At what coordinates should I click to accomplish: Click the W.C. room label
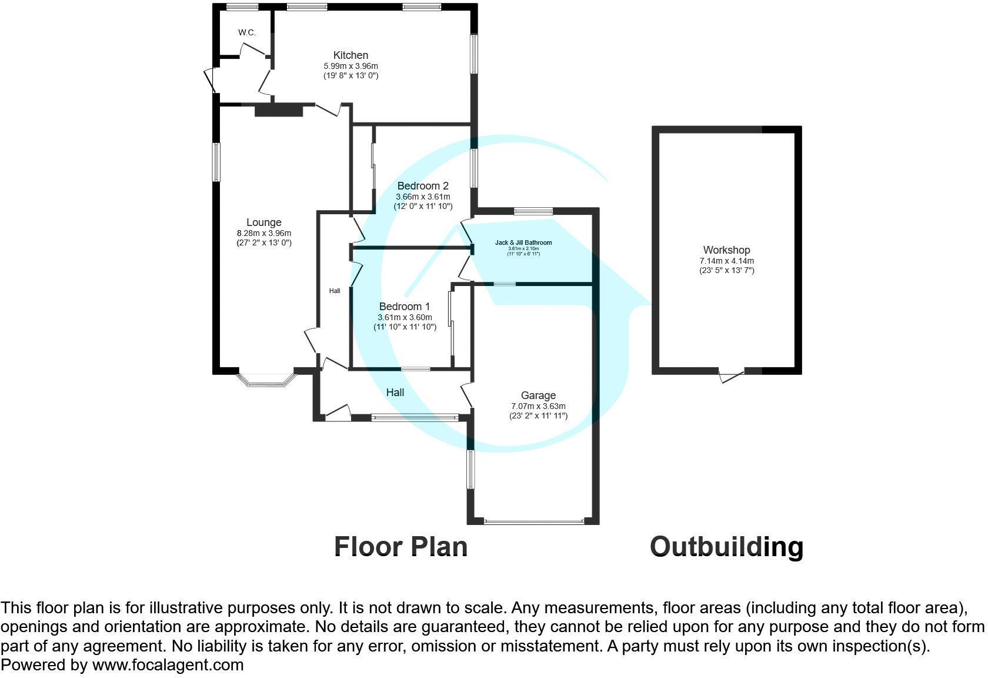click(247, 33)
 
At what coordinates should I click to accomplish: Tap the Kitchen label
click(351, 55)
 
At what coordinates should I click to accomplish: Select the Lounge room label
click(263, 222)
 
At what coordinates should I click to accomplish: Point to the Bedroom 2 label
click(423, 186)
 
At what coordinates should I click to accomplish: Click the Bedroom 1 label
click(405, 307)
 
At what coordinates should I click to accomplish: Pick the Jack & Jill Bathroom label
click(523, 242)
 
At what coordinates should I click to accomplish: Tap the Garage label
click(538, 395)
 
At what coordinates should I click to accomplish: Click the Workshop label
click(726, 250)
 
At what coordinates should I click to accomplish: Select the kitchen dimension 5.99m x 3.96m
click(351, 66)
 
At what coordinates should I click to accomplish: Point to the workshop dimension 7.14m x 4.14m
click(726, 261)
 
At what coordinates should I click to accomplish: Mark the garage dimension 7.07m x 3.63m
click(538, 406)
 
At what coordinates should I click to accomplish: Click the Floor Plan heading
click(400, 547)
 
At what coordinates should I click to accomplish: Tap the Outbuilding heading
click(726, 547)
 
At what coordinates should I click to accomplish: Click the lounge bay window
click(265, 381)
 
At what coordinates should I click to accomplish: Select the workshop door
click(732, 375)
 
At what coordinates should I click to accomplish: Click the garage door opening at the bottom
click(534, 521)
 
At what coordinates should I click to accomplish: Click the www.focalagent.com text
click(168, 666)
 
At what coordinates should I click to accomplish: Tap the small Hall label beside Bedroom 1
click(335, 291)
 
